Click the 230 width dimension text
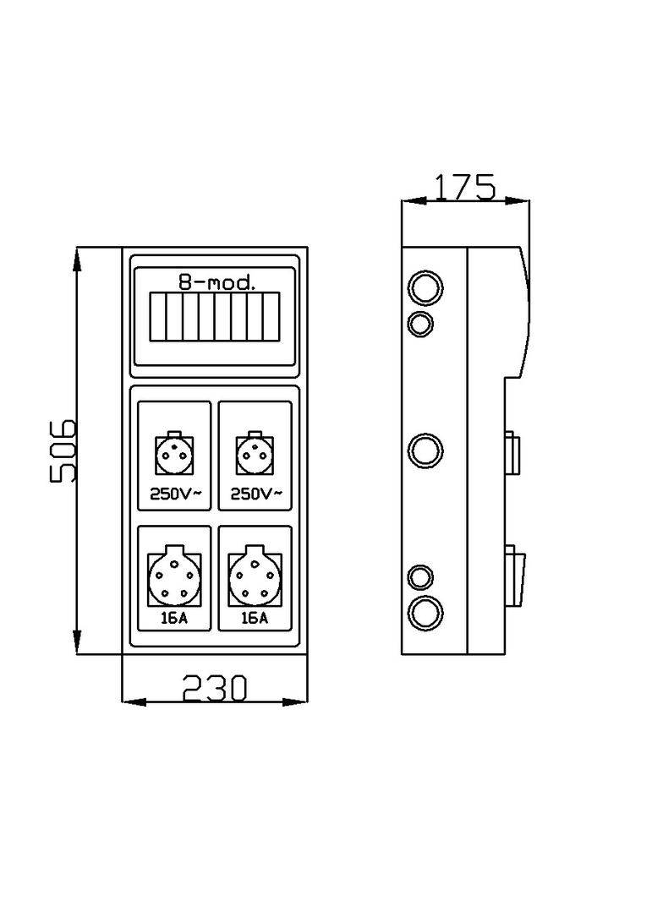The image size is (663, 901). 215,689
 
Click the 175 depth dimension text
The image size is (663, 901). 464,188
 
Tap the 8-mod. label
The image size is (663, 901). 216,282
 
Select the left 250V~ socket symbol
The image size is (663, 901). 173,456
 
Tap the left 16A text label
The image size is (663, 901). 173,618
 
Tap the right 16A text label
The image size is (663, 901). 255,618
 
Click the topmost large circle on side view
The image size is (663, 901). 425,288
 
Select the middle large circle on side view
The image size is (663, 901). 425,450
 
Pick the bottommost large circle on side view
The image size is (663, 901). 425,611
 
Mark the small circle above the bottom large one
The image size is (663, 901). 420,577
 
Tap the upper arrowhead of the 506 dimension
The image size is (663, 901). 77,259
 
